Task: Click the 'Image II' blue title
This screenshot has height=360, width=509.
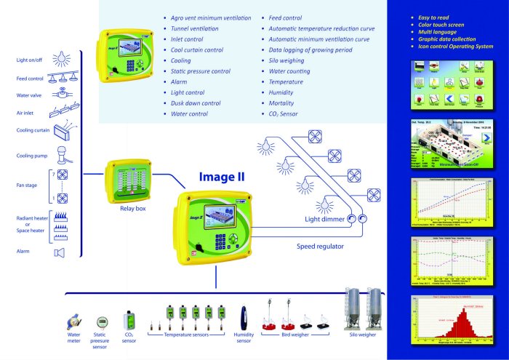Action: tap(223, 176)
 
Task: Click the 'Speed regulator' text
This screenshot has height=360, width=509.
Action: tap(320, 247)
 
